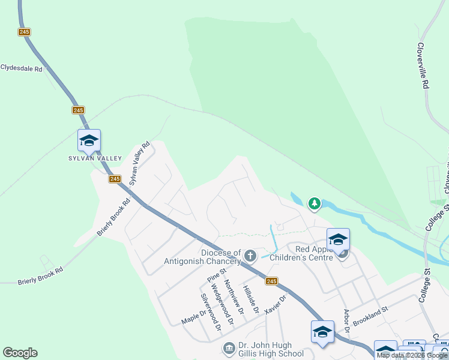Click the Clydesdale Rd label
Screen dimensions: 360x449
coord(22,68)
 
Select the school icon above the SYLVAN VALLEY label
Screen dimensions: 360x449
coord(89,141)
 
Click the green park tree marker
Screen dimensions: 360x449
coord(314,204)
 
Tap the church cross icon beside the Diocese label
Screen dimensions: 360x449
coord(250,256)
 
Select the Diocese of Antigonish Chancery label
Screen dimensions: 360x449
coord(202,257)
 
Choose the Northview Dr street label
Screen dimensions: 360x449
coord(232,296)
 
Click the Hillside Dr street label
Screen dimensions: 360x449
coord(251,299)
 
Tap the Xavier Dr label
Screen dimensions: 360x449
coord(276,304)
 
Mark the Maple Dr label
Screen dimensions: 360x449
coord(194,316)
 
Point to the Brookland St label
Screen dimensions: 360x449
coord(371,314)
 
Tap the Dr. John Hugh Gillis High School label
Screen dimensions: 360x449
coord(264,349)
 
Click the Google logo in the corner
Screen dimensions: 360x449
coord(20,353)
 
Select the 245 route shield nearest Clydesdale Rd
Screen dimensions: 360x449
coord(24,32)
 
